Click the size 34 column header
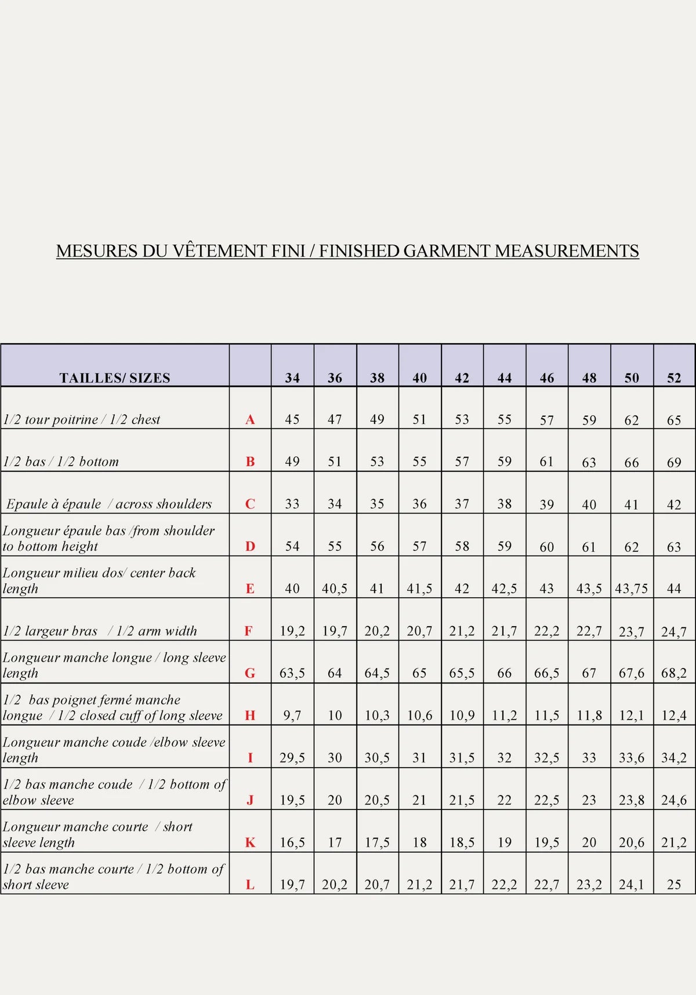292,378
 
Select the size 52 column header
674,378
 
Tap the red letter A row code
250,419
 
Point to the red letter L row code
250,885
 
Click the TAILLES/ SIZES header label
115,378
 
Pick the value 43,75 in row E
631,589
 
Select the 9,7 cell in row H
292,716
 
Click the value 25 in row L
674,885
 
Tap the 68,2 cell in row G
674,673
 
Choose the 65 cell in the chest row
674,420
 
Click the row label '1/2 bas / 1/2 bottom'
61,462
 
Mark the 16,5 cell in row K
292,843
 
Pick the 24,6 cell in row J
674,800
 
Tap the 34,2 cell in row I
674,758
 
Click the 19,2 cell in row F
292,631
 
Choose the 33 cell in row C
292,504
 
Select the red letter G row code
250,673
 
